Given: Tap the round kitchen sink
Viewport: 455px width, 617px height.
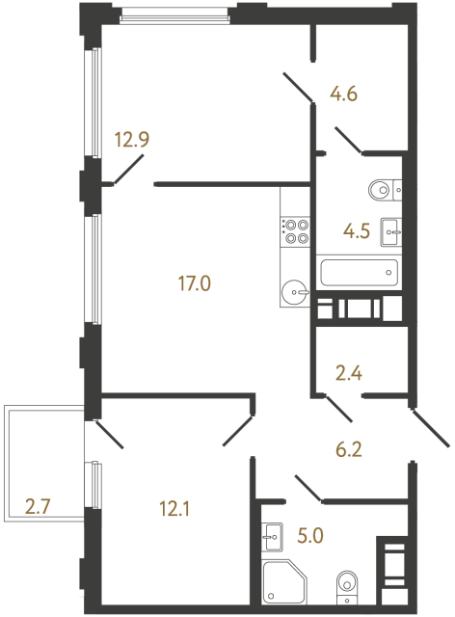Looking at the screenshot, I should pyautogui.click(x=295, y=289).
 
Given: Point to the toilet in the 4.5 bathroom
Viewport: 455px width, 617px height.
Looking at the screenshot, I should pyautogui.click(x=382, y=190).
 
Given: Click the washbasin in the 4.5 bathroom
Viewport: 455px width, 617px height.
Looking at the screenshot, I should pyautogui.click(x=390, y=229).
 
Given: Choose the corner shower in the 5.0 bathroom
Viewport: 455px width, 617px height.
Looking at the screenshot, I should pyautogui.click(x=284, y=582).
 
